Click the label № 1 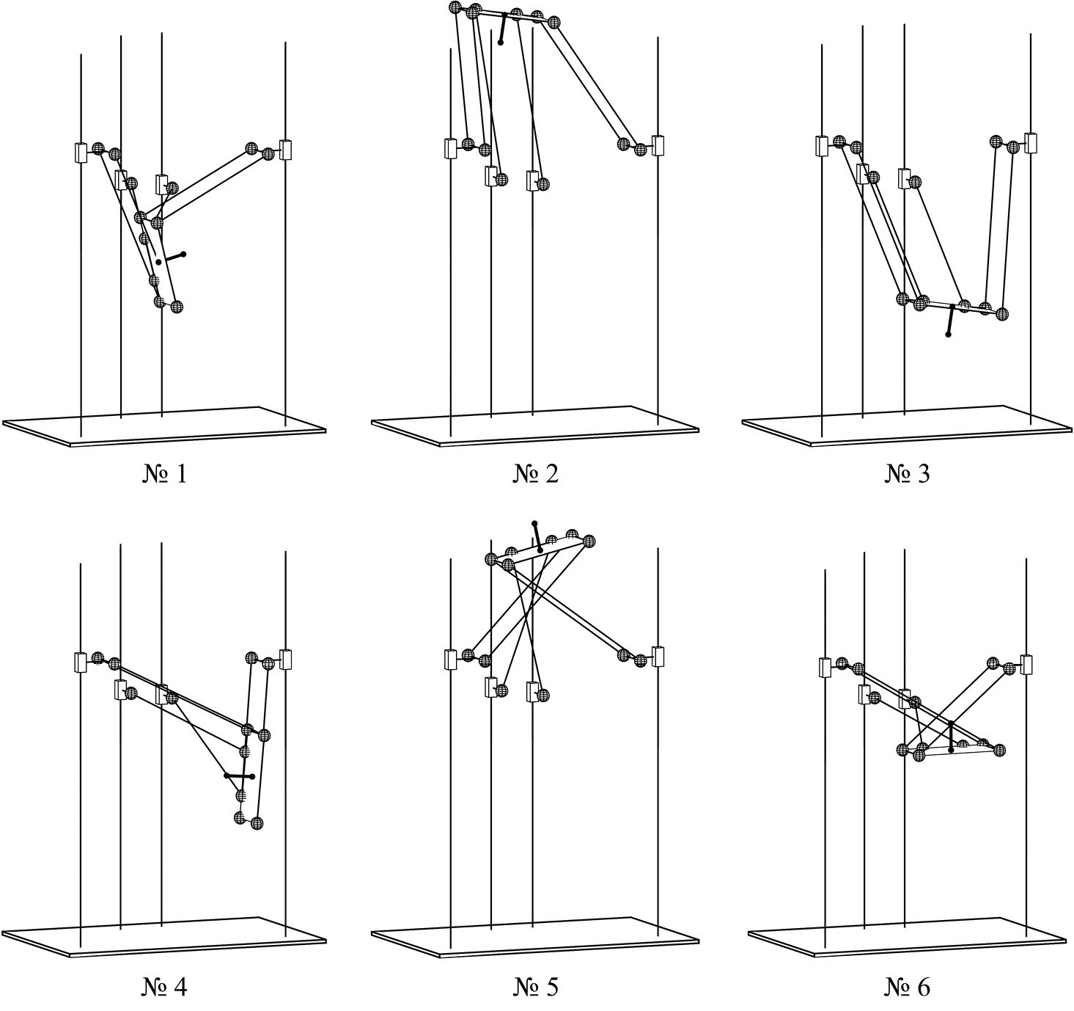[165, 474]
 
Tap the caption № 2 [535, 474]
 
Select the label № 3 [907, 474]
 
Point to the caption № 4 [165, 988]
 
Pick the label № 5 [535, 988]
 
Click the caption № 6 [907, 988]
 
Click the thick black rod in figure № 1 [172, 258]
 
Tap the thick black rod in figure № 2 [503, 28]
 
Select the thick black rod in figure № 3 [950, 321]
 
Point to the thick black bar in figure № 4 [239, 776]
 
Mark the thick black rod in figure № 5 [537, 537]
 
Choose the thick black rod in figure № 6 [951, 737]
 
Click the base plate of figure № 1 [164, 427]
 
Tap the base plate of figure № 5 [535, 940]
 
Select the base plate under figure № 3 [907, 426]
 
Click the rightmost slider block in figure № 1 [285, 150]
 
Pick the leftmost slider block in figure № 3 [822, 146]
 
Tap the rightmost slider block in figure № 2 [658, 145]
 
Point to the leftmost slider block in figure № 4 [81, 663]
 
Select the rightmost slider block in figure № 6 [1026, 665]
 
